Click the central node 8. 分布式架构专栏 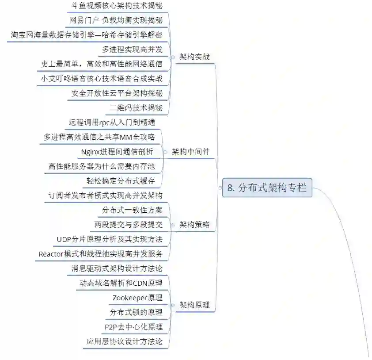tap(267, 188)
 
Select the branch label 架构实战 tap(194, 57)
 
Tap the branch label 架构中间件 tap(191, 152)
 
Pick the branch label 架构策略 tap(194, 225)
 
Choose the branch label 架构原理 tap(194, 305)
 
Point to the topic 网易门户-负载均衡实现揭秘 tap(116, 20)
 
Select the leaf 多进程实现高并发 tap(132, 50)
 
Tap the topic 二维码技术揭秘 tap(136, 108)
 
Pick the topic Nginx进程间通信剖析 tap(117, 152)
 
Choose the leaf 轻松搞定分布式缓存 tap(120, 180)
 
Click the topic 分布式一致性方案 tap(132, 210)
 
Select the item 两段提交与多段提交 tap(128, 225)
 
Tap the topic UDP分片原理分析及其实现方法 tap(110, 239)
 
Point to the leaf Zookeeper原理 tap(137, 298)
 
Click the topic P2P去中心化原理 tap(133, 327)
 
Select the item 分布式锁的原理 tap(136, 312)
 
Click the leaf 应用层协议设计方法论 tap(125, 341)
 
